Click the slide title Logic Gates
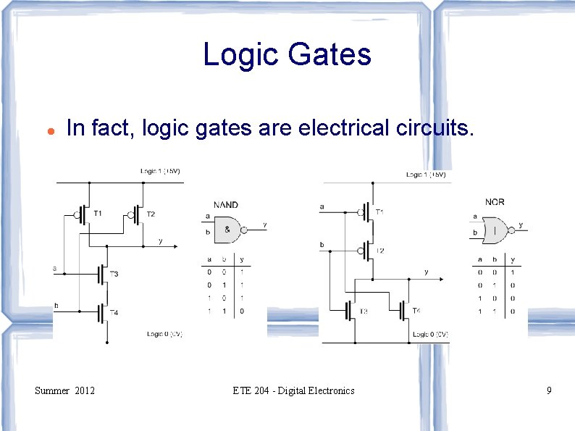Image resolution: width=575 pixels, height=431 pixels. click(287, 54)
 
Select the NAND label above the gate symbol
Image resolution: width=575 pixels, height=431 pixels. click(225, 205)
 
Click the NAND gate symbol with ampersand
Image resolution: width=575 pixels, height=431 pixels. click(227, 229)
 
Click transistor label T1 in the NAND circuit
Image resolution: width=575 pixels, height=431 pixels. click(98, 213)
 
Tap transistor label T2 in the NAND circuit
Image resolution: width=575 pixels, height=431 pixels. click(150, 214)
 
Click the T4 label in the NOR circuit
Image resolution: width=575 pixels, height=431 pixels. click(416, 311)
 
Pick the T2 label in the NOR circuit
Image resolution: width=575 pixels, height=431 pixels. click(380, 251)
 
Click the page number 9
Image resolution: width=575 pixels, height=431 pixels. click(549, 390)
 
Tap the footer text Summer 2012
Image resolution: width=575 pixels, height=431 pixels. click(64, 390)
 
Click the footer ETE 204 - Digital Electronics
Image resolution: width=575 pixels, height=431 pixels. click(293, 390)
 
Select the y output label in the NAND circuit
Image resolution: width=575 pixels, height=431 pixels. click(160, 240)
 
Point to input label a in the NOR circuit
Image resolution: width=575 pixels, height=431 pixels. click(322, 206)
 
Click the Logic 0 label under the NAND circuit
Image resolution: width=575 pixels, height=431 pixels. click(164, 334)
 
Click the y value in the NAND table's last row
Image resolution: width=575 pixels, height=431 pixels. click(241, 311)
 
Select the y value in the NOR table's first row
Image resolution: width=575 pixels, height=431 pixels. click(511, 272)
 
